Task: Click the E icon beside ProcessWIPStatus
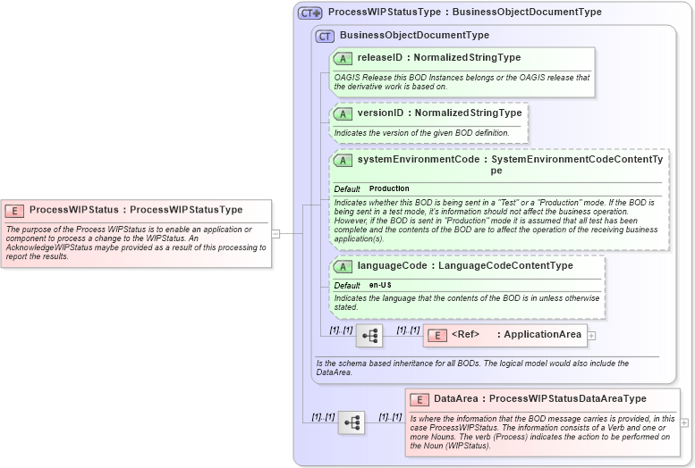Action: (x=14, y=210)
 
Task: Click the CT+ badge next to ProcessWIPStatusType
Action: (x=310, y=13)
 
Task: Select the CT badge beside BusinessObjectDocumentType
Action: (x=325, y=36)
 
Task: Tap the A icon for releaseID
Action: (x=343, y=58)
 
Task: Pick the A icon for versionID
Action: (x=343, y=113)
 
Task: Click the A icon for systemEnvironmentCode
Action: (x=343, y=160)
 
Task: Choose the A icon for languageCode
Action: (x=343, y=266)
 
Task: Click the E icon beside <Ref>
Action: (x=437, y=335)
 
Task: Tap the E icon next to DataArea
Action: (x=419, y=399)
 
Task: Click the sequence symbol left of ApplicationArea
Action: (x=369, y=336)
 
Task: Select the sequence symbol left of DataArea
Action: (x=351, y=422)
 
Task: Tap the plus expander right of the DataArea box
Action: (x=684, y=422)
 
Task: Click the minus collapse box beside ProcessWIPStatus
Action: (x=275, y=234)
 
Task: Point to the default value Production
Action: (x=389, y=188)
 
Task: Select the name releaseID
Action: (x=380, y=58)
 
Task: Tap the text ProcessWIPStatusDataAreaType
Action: (x=567, y=399)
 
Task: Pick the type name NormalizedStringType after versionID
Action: (x=468, y=113)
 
